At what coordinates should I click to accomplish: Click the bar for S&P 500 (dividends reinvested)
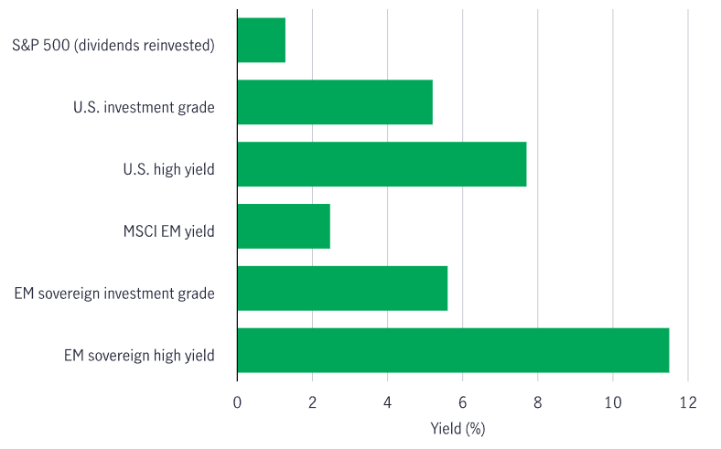[x=261, y=40]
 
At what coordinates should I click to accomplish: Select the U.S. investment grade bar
[x=334, y=102]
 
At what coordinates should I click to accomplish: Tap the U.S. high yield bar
[x=382, y=165]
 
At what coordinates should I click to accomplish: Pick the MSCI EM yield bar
[x=283, y=227]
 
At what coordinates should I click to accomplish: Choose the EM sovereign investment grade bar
[x=342, y=288]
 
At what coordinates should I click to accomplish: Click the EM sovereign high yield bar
[x=453, y=350]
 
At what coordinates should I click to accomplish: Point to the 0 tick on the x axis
[x=237, y=401]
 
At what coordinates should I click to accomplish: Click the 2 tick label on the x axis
[x=312, y=401]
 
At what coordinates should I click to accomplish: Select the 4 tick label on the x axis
[x=387, y=401]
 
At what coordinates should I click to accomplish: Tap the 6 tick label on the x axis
[x=462, y=401]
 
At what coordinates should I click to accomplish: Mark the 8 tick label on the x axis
[x=537, y=401]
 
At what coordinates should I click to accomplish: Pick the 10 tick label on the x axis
[x=612, y=401]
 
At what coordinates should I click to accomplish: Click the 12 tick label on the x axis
[x=687, y=401]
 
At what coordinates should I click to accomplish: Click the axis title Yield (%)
[x=457, y=428]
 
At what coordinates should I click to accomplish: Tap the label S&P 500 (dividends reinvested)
[x=113, y=45]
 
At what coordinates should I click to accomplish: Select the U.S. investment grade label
[x=144, y=107]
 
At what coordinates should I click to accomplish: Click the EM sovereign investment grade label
[x=114, y=293]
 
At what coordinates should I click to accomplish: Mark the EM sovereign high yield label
[x=139, y=355]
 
